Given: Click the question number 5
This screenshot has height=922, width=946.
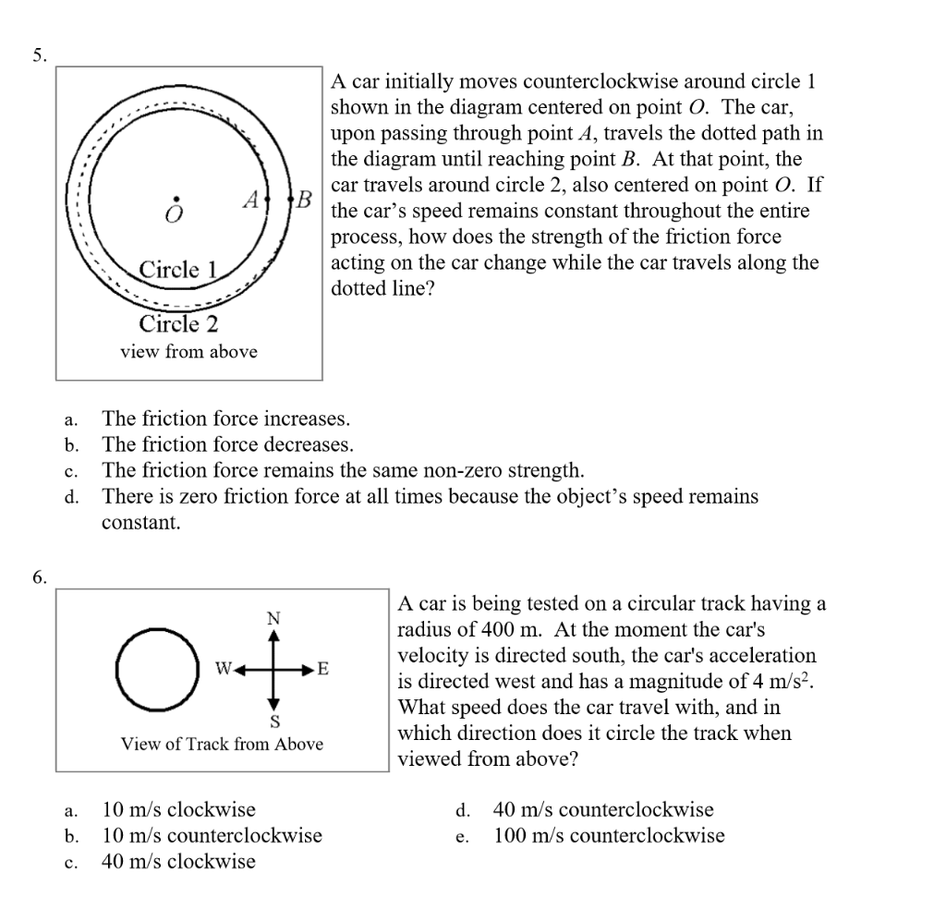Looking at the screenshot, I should (38, 55).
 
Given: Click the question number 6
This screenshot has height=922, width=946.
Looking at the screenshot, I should (38, 577).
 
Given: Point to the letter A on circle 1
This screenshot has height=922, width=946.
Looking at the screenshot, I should (249, 199).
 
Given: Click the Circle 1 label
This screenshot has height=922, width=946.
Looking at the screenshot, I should (180, 270).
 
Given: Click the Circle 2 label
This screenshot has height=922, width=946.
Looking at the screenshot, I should (178, 324).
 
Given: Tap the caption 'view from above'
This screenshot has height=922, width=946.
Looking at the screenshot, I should (188, 352).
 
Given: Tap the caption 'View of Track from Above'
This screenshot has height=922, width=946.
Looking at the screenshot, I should (223, 744).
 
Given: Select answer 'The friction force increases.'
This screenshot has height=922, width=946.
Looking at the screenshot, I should (225, 419).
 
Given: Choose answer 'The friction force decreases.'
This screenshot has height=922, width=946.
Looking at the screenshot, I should (227, 444).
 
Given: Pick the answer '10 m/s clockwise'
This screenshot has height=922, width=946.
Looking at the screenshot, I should (178, 810).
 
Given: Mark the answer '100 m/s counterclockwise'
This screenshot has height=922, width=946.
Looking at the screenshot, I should (609, 836).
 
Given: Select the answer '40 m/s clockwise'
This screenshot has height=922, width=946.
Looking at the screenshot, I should (178, 862).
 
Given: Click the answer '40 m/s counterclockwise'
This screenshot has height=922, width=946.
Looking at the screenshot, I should (603, 810).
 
